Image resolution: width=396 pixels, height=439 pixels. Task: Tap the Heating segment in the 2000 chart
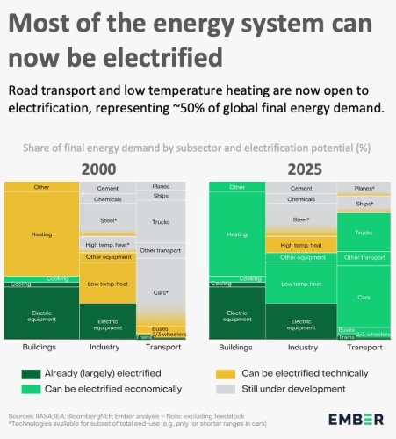[x=41, y=234]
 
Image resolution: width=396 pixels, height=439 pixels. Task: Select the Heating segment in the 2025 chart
[x=236, y=234]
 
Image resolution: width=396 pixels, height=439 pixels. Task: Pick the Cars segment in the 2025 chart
[x=364, y=298]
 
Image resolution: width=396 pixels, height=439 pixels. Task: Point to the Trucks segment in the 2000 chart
[x=162, y=222]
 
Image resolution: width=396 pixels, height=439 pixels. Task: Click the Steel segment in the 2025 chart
[x=301, y=219]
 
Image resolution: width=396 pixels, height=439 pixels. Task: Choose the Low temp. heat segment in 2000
[x=106, y=283]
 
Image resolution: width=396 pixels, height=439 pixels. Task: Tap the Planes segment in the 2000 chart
[x=162, y=186]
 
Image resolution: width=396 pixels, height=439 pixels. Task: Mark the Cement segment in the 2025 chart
[x=301, y=187]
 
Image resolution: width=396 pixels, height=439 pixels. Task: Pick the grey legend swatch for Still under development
[x=224, y=387]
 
